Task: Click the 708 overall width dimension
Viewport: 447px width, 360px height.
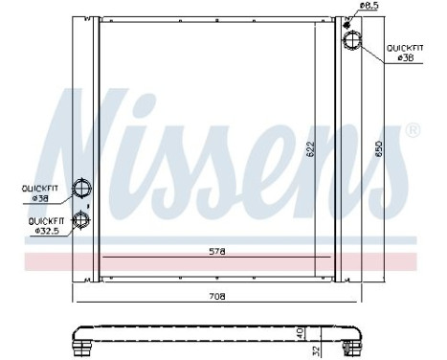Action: (x=217, y=298)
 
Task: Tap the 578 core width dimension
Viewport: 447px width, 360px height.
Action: (x=217, y=252)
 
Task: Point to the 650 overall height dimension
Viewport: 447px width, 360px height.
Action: (x=381, y=152)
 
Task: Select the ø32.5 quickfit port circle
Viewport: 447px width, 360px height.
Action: (x=82, y=220)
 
